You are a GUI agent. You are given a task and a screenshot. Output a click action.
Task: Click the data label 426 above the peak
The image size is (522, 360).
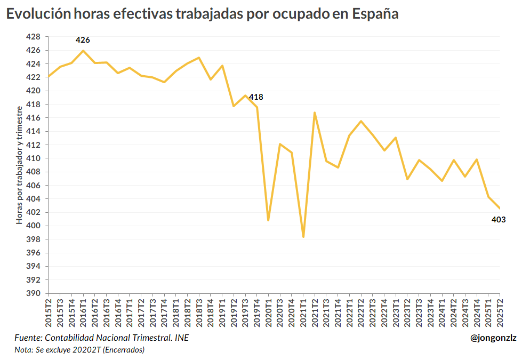(83, 40)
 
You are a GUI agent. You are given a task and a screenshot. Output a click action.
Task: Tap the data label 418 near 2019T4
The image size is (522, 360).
(256, 97)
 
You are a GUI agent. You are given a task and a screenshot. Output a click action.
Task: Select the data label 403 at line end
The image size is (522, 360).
(498, 220)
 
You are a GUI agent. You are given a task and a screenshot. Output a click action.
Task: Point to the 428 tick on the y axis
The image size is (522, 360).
(33, 37)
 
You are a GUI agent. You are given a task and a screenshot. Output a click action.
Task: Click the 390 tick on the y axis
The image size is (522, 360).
(33, 293)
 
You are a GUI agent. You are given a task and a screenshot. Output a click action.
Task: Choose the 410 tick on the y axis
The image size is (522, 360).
(33, 158)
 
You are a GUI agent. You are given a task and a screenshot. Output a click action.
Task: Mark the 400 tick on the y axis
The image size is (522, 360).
(33, 226)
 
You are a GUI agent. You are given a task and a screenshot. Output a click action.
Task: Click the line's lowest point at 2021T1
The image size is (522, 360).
(303, 237)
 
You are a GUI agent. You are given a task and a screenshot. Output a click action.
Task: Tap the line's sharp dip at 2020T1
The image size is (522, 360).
(268, 220)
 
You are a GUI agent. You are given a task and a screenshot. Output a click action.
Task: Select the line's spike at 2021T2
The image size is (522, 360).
(315, 113)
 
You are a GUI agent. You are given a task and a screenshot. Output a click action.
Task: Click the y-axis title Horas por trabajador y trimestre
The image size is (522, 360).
(19, 165)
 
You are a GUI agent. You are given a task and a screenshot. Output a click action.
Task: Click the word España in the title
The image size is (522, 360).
(375, 14)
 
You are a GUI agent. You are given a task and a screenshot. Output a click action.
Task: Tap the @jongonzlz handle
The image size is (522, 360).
(493, 338)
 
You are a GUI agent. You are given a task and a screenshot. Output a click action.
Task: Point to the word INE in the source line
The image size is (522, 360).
(181, 338)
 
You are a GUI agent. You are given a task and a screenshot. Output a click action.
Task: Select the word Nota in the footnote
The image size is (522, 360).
(23, 350)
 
